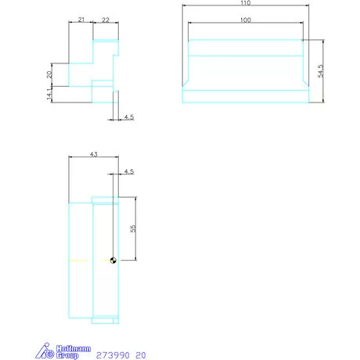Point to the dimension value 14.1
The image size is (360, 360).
[49, 95]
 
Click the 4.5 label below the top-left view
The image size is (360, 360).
[129, 117]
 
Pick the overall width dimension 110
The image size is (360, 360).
[246, 4]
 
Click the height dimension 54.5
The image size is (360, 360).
[320, 71]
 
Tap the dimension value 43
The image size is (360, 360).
[94, 156]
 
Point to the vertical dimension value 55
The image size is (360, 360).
[133, 229]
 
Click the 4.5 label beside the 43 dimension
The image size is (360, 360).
[129, 171]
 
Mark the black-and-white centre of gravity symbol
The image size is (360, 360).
[113, 261]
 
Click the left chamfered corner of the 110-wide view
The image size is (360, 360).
[186, 83]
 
